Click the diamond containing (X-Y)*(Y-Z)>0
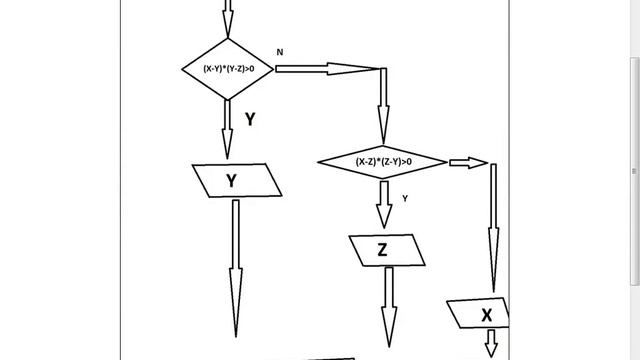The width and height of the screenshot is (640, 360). (x=228, y=69)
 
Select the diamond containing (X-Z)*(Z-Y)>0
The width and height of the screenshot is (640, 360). (x=382, y=162)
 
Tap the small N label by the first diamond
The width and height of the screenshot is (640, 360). (x=280, y=52)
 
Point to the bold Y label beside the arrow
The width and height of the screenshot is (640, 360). (x=250, y=119)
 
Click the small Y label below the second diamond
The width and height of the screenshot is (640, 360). (x=405, y=198)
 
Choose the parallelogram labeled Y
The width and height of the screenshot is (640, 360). (x=237, y=180)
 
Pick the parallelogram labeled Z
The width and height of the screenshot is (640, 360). (x=387, y=250)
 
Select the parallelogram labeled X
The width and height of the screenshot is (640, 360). (x=478, y=313)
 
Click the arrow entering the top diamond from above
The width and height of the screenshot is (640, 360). (x=228, y=18)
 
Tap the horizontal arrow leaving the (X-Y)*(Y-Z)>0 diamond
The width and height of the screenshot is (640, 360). (x=328, y=69)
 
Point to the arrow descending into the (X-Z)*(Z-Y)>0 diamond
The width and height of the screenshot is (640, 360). (x=383, y=106)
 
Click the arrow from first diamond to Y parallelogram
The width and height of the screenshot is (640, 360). (x=227, y=129)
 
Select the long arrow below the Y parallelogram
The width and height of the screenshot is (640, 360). (x=236, y=268)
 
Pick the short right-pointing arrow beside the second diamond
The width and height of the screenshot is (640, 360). (x=469, y=163)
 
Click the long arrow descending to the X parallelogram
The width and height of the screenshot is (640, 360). (x=493, y=228)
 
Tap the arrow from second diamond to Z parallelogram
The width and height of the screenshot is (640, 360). (x=384, y=204)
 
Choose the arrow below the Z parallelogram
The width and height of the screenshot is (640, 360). (x=389, y=307)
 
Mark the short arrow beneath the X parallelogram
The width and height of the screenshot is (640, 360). (x=491, y=344)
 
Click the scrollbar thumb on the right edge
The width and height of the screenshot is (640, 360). (x=635, y=171)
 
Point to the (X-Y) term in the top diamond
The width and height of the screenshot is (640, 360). (x=213, y=69)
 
